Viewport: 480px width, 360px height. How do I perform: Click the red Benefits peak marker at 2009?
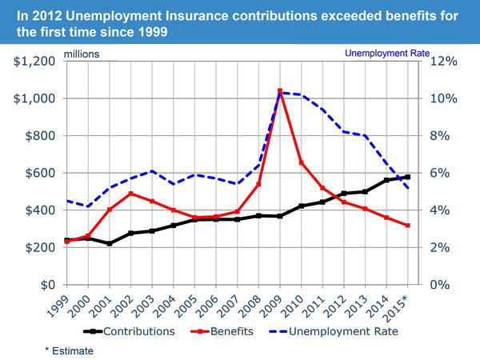click(279, 91)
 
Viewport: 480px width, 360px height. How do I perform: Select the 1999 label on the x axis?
click(60, 301)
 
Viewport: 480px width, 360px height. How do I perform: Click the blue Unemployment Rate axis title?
click(387, 54)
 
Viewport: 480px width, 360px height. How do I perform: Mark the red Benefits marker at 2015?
click(407, 226)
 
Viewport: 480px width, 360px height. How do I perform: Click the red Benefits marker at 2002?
click(131, 194)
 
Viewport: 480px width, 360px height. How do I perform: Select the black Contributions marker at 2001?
click(110, 243)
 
